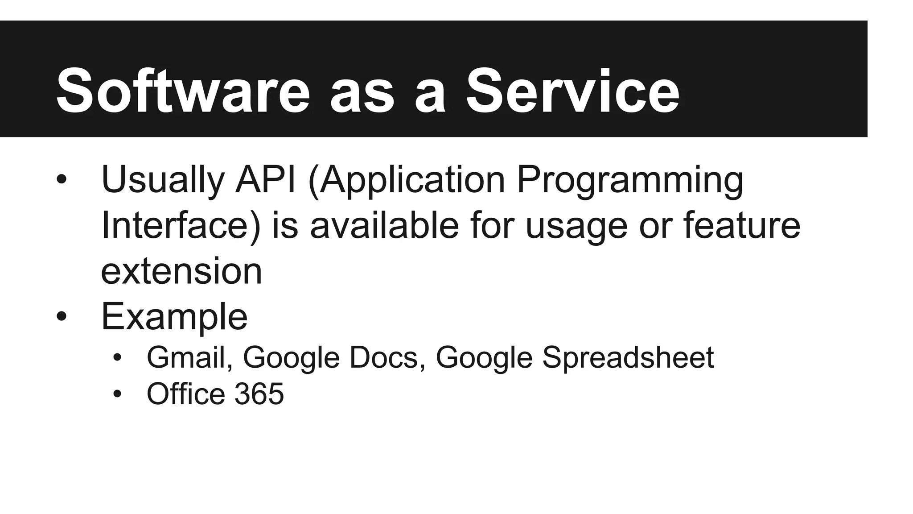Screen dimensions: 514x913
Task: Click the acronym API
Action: [x=266, y=180]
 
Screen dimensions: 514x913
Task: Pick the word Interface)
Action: [x=181, y=226]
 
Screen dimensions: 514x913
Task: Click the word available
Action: [x=384, y=225]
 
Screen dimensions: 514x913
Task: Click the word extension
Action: [x=181, y=271]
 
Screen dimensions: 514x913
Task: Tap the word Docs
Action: [x=385, y=358]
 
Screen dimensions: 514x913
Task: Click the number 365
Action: [x=259, y=394]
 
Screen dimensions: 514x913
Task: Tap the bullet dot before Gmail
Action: [x=117, y=357]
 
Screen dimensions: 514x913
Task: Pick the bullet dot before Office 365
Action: [x=117, y=394]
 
